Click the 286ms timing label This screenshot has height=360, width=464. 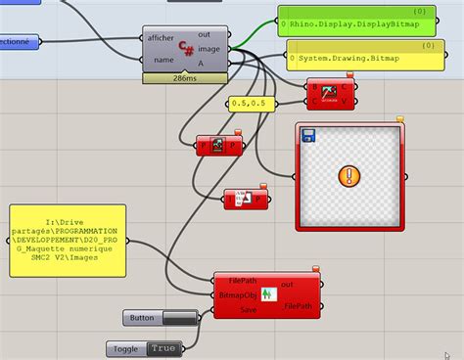point(186,76)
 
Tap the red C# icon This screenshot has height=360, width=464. point(186,48)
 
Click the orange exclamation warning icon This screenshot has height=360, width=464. point(348,177)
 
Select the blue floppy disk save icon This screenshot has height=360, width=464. point(308,134)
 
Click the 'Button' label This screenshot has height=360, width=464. point(144,318)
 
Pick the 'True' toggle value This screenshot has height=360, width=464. point(162,348)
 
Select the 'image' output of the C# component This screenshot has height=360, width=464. point(209,47)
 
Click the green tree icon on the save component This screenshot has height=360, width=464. point(264,294)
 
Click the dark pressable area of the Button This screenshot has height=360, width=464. point(178,318)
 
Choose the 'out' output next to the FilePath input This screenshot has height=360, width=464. point(288,284)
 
